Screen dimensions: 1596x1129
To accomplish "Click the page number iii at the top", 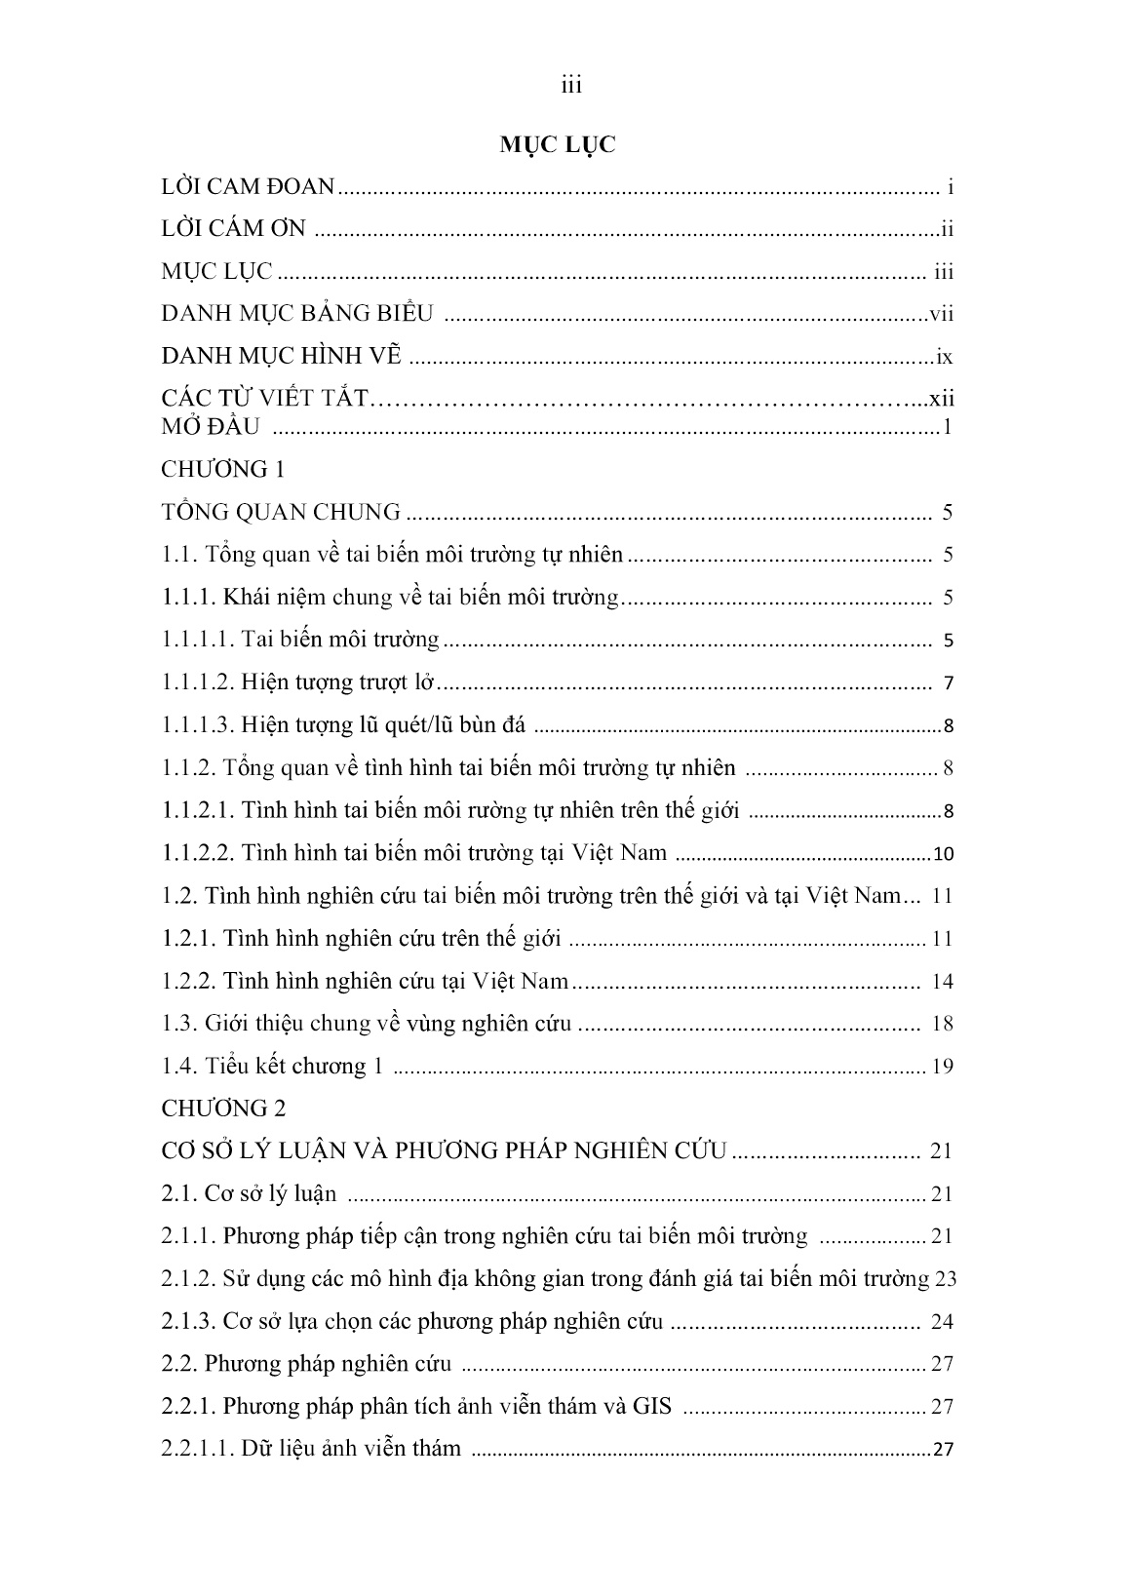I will pyautogui.click(x=571, y=86).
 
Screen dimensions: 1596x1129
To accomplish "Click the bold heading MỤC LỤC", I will pyautogui.click(x=558, y=145).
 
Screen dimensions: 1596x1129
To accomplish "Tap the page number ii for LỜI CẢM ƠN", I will pyautogui.click(x=946, y=230).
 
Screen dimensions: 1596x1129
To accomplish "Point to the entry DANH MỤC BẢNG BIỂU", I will pyautogui.click(x=296, y=313).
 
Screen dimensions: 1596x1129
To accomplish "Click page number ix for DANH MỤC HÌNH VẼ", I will pyautogui.click(x=944, y=357).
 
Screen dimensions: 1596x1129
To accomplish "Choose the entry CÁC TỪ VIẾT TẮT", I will pyautogui.click(x=265, y=398).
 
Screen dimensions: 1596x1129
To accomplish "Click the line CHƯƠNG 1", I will pyautogui.click(x=222, y=469).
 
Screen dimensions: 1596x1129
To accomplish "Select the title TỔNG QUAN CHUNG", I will pyautogui.click(x=281, y=512).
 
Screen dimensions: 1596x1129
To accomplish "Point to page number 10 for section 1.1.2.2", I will pyautogui.click(x=943, y=855).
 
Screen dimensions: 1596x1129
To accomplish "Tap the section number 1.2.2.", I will pyautogui.click(x=188, y=981).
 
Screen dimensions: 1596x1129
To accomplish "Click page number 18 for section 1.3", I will pyautogui.click(x=942, y=1024).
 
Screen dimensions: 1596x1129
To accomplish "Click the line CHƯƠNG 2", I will pyautogui.click(x=222, y=1109).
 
